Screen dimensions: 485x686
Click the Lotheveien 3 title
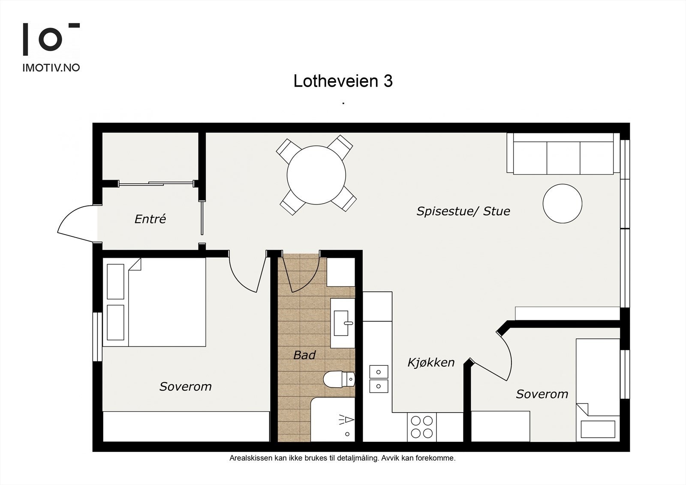pyautogui.click(x=343, y=81)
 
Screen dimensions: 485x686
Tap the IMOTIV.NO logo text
pyautogui.click(x=51, y=67)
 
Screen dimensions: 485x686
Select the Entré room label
pyautogui.click(x=150, y=219)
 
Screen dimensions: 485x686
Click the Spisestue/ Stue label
pyautogui.click(x=463, y=211)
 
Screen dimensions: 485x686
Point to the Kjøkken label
pyautogui.click(x=430, y=362)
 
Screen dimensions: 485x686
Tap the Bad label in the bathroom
pyautogui.click(x=304, y=355)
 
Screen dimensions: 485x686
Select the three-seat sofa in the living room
pyautogui.click(x=563, y=154)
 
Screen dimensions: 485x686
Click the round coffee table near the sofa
pyautogui.click(x=562, y=203)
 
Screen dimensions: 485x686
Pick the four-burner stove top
pyautogui.click(x=421, y=427)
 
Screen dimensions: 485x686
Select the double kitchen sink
pyautogui.click(x=379, y=379)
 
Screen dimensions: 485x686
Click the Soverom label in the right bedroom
pyautogui.click(x=542, y=394)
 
